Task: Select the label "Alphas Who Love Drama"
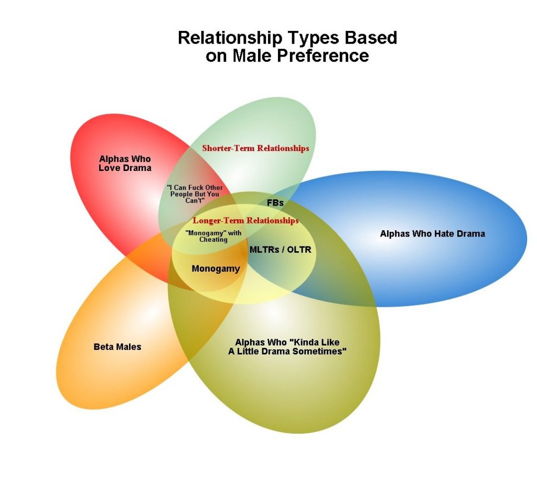(x=125, y=163)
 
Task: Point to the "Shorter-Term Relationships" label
(x=255, y=148)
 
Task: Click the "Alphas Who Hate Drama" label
(x=432, y=233)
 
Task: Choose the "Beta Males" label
(x=117, y=347)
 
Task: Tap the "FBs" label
(x=275, y=202)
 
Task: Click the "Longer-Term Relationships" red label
(x=245, y=221)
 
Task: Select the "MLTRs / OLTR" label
(x=280, y=250)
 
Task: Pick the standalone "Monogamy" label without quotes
(x=216, y=269)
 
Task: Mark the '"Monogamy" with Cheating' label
(x=213, y=236)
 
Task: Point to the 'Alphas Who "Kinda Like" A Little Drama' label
(x=287, y=347)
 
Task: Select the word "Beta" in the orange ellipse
(x=103, y=347)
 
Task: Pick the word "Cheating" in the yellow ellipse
(x=213, y=240)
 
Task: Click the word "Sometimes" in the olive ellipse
(x=320, y=351)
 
